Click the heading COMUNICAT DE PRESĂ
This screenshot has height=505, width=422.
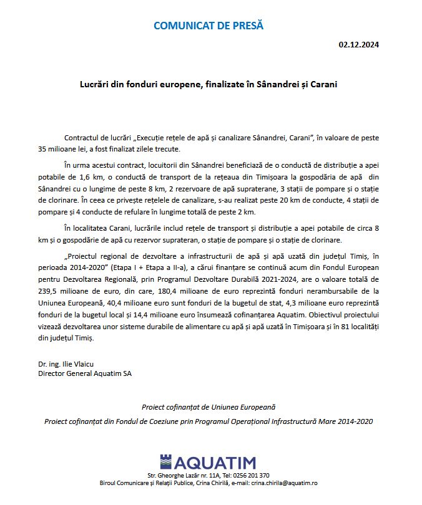(x=209, y=26)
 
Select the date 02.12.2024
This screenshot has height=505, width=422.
(x=359, y=45)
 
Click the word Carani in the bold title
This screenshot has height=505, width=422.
(x=322, y=84)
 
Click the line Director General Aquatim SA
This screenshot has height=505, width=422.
(x=85, y=373)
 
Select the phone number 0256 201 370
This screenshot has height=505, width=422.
(x=250, y=476)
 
